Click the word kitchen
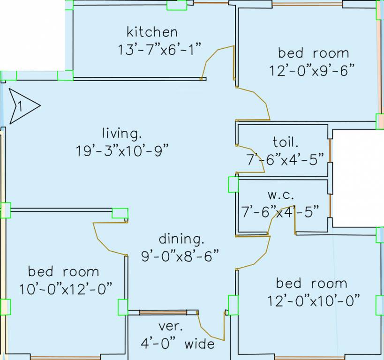[x=152, y=32]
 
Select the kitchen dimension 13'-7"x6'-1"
[x=160, y=49]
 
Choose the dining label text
[x=182, y=239]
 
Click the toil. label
[x=285, y=142]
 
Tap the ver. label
[x=171, y=326]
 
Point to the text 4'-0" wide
[x=178, y=344]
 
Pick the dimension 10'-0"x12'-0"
[x=66, y=288]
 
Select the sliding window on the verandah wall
[x=163, y=312]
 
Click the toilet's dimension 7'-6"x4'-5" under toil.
[x=285, y=159]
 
